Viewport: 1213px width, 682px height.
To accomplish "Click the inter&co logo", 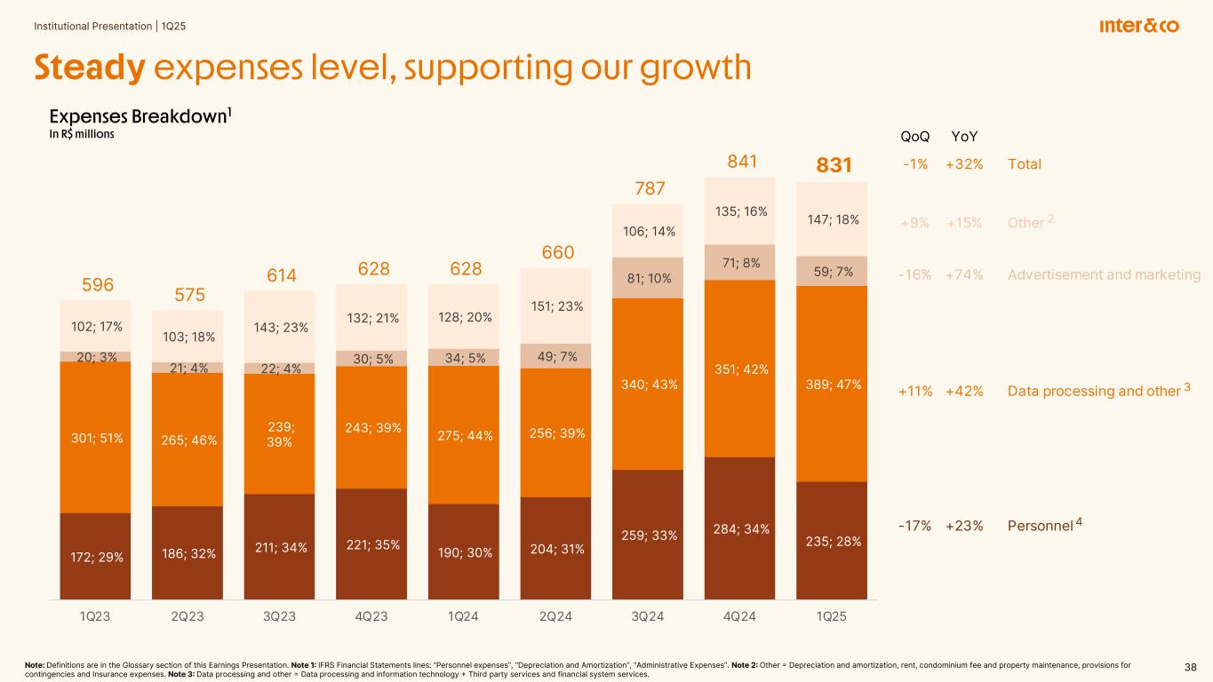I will pyautogui.click(x=1139, y=27).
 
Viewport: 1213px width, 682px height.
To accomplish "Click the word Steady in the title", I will pyautogui.click(x=89, y=68).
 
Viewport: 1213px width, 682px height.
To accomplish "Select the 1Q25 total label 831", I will pyautogui.click(x=834, y=166).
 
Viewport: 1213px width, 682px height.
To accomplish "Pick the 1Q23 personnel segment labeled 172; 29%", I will pyautogui.click(x=95, y=557).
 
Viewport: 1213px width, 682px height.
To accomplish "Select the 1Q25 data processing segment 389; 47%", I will pyautogui.click(x=831, y=385).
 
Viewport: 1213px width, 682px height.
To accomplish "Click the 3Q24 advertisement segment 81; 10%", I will pyautogui.click(x=647, y=277).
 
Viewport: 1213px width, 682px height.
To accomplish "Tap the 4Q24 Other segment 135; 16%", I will pyautogui.click(x=738, y=211).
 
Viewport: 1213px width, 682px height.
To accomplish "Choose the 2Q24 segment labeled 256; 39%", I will pyautogui.click(x=555, y=432).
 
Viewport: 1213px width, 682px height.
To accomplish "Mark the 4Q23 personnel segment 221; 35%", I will pyautogui.click(x=371, y=543).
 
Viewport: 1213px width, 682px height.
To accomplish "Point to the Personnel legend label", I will pyautogui.click(x=1041, y=525).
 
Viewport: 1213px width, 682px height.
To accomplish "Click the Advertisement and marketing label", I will pyautogui.click(x=1104, y=275).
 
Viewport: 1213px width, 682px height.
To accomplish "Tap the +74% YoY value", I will pyautogui.click(x=964, y=275).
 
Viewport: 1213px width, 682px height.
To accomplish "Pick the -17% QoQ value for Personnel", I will pyautogui.click(x=915, y=525).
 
